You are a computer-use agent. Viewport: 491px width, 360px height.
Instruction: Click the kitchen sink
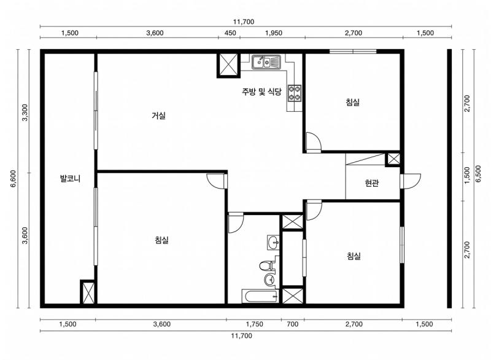(x=266, y=61)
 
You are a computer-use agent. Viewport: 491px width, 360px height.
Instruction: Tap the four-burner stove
(x=295, y=93)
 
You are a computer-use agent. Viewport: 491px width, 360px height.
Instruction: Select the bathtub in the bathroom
(x=260, y=296)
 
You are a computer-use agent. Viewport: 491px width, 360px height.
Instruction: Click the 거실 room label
(x=158, y=115)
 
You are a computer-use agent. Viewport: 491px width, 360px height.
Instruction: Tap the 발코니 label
(x=70, y=179)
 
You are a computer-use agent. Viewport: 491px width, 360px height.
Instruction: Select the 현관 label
(x=372, y=183)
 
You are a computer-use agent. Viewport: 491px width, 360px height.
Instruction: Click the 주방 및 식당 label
(x=261, y=92)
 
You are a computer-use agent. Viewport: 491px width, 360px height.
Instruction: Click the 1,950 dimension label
(x=273, y=33)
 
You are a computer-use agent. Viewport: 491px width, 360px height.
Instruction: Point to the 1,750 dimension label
(x=254, y=324)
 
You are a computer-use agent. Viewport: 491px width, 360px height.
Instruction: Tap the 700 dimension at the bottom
(x=293, y=324)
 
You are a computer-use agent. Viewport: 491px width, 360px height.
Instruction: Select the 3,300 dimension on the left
(x=25, y=112)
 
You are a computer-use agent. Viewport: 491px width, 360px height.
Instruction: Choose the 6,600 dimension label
(x=14, y=179)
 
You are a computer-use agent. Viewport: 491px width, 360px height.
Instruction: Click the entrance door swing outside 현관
(x=411, y=181)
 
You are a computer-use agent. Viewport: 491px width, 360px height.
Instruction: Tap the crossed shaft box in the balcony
(x=88, y=292)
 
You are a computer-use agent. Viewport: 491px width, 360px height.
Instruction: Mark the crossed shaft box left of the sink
(x=228, y=65)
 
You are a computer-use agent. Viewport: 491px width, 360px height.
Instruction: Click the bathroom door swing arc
(x=236, y=223)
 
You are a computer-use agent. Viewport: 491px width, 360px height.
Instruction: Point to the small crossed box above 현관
(x=393, y=159)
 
